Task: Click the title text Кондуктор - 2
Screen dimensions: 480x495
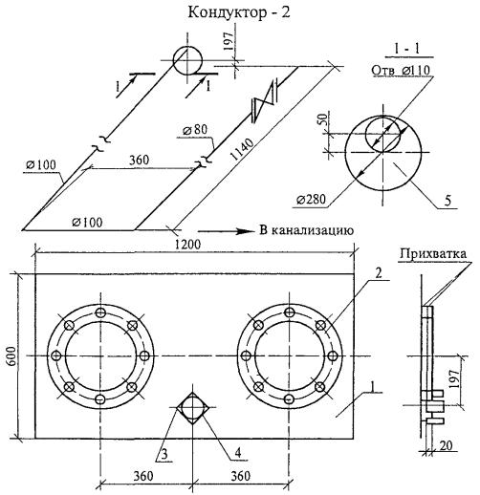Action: pyautogui.click(x=239, y=12)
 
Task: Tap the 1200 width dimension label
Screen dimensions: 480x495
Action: pyautogui.click(x=188, y=244)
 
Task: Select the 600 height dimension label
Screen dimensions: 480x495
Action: pyautogui.click(x=11, y=355)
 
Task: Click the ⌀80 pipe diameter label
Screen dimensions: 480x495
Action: pyautogui.click(x=195, y=130)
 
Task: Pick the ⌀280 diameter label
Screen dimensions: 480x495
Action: pyautogui.click(x=311, y=200)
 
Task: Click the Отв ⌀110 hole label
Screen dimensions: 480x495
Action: pyautogui.click(x=401, y=70)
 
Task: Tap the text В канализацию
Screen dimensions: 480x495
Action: pyautogui.click(x=307, y=230)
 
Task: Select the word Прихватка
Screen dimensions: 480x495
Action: pyautogui.click(x=433, y=253)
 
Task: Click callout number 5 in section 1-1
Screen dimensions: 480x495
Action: pyautogui.click(x=447, y=202)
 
